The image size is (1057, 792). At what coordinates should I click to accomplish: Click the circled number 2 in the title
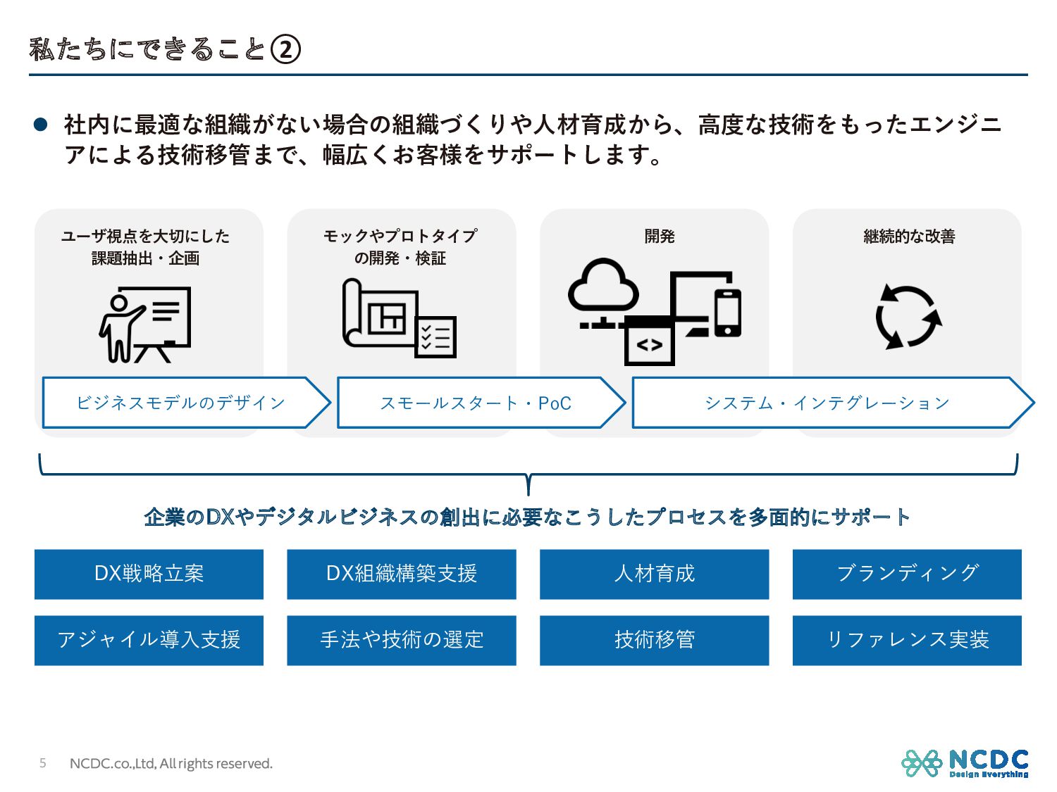(285, 50)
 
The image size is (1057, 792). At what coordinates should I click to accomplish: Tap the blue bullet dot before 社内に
(41, 125)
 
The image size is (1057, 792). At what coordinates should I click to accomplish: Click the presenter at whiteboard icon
(145, 324)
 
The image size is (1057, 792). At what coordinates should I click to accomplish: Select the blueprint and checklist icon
(399, 318)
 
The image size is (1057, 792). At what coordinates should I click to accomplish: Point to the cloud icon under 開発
(603, 286)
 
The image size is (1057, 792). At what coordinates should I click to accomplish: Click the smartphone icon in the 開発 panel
(727, 312)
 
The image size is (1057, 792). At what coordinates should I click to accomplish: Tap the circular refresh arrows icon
(908, 317)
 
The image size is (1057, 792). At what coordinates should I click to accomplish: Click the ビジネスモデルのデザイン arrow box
(181, 403)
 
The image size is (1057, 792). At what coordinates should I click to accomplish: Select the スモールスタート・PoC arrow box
(476, 403)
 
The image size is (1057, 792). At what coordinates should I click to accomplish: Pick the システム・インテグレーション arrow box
(827, 403)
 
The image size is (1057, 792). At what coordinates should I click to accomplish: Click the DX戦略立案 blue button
(149, 574)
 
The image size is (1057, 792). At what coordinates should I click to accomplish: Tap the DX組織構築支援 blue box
(402, 574)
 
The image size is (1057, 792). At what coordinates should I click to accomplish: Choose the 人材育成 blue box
(654, 574)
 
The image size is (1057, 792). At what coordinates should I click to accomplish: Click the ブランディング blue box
(907, 574)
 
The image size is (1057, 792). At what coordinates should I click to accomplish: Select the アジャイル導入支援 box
(149, 640)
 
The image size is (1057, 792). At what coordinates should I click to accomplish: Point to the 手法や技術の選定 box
(402, 640)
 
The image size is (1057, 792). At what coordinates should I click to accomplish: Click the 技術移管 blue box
(654, 640)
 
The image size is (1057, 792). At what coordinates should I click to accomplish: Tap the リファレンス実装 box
(907, 640)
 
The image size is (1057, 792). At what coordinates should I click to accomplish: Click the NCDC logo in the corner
(965, 763)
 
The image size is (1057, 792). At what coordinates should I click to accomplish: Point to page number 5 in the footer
(43, 763)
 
